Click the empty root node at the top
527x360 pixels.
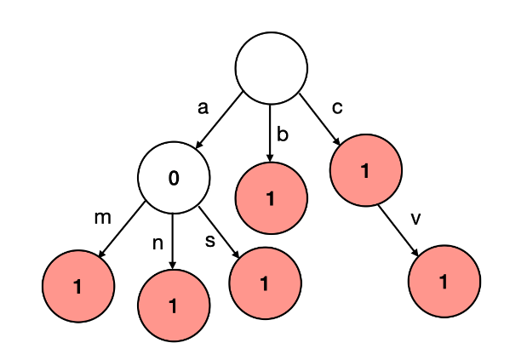[271, 68]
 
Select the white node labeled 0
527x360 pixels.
[173, 178]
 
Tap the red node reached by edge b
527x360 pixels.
[271, 199]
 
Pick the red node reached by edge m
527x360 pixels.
[77, 287]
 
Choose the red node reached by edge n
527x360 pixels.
[173, 306]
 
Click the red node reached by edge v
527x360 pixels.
[444, 282]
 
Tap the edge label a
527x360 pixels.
[203, 108]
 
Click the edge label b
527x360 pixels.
[283, 134]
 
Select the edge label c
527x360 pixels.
[338, 107]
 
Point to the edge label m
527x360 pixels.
[103, 218]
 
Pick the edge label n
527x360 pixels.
[158, 243]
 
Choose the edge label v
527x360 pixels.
[415, 219]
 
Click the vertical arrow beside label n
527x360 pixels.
[173, 242]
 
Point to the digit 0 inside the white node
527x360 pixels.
[174, 179]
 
